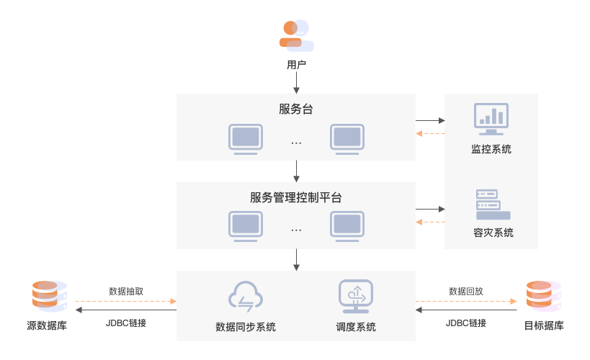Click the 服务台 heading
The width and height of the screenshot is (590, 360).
[x=296, y=109]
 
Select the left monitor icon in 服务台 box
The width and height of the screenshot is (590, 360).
[x=245, y=138]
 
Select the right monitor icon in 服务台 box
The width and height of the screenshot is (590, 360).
[x=347, y=138]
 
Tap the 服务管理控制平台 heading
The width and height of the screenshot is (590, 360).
[x=296, y=197]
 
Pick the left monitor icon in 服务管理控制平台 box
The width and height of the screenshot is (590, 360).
[x=245, y=225]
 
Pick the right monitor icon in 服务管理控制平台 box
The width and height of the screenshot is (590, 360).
[x=347, y=225]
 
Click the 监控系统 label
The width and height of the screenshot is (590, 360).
[x=491, y=149]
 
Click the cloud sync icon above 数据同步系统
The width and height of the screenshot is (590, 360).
[x=246, y=296]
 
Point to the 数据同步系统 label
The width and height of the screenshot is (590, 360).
[x=246, y=327]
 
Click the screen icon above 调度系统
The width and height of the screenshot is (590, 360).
[x=356, y=296]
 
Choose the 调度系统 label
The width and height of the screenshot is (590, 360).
[x=356, y=327]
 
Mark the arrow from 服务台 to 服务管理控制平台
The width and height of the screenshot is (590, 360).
[x=296, y=171]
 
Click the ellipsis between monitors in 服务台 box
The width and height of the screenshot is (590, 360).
[x=296, y=143]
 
